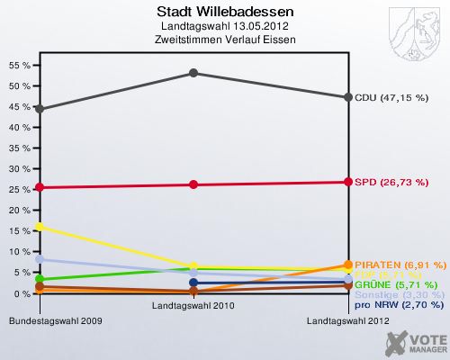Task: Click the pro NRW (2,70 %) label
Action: coord(397,305)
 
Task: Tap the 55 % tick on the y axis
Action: coord(18,66)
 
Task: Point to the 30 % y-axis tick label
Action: coord(18,169)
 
